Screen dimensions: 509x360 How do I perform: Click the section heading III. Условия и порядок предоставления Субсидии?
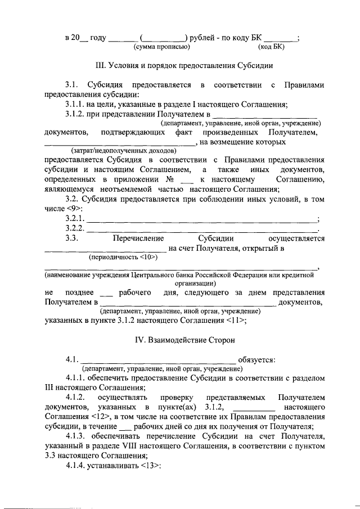[x=185, y=65]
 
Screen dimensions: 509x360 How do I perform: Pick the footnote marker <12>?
[x=93, y=416]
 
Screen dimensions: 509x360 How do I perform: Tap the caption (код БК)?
[x=271, y=47]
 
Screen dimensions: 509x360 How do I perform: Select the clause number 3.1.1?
[x=76, y=103]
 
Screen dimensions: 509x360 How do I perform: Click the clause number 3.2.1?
[x=75, y=219]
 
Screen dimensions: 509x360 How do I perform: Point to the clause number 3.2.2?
[x=75, y=228]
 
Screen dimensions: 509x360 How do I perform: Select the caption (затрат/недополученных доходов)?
[x=124, y=151]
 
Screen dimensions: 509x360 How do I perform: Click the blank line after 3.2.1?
[x=202, y=219]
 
